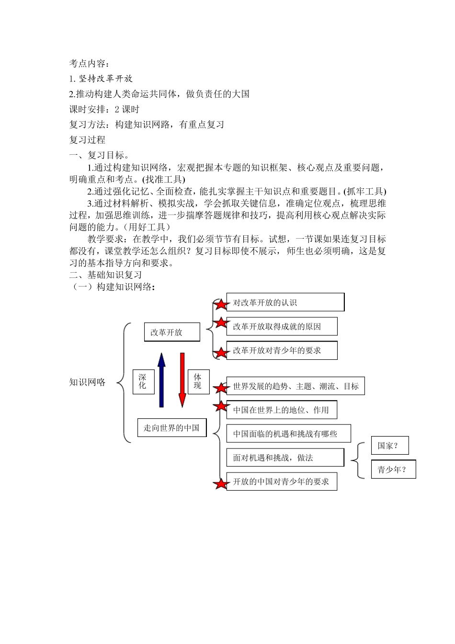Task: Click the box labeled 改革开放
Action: click(x=172, y=332)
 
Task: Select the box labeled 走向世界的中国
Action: click(x=172, y=427)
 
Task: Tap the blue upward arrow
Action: click(x=161, y=380)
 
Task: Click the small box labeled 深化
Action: click(x=143, y=381)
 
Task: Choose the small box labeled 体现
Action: click(x=198, y=381)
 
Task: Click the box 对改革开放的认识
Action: click(x=285, y=302)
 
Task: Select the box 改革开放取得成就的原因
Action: click(x=282, y=326)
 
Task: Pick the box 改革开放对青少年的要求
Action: click(x=282, y=350)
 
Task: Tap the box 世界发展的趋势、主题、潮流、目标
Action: click(x=295, y=386)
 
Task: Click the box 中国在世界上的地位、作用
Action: click(x=281, y=410)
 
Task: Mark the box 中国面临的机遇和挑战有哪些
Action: click(x=288, y=434)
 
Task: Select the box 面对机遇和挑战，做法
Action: click(x=285, y=458)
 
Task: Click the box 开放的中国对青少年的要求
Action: click(x=281, y=482)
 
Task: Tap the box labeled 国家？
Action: click(x=390, y=446)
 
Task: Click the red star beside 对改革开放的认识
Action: click(x=221, y=304)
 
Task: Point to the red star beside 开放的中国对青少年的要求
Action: click(x=221, y=483)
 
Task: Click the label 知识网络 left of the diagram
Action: click(x=88, y=382)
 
